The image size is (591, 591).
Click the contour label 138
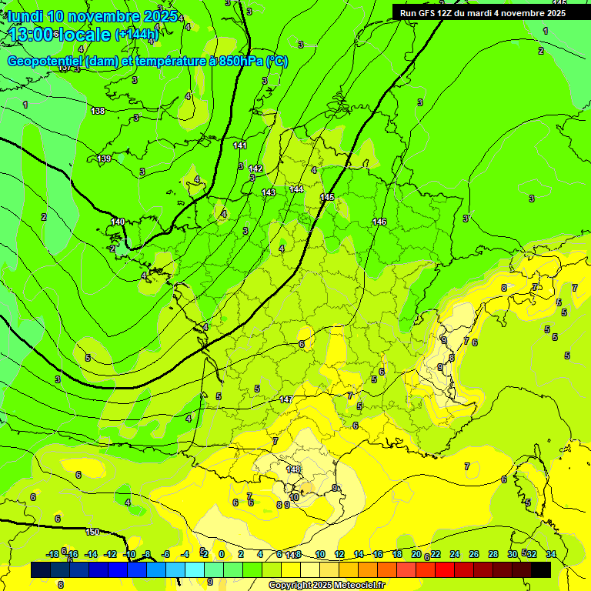pos(98,112)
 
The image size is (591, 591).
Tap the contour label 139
pos(104,159)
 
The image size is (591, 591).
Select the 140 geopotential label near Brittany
pos(117,222)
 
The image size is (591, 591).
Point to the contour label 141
pos(240,145)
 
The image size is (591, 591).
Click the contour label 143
pos(268,192)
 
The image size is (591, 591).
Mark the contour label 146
pos(379,222)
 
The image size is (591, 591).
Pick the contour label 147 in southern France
pos(286,399)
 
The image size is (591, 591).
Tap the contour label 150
pos(92,532)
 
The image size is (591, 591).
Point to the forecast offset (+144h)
pos(136,35)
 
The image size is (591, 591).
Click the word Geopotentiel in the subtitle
pos(44,62)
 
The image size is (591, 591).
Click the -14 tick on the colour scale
pos(91,554)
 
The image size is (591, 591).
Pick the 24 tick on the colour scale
pos(455,554)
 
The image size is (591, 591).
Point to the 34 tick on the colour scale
pos(550,554)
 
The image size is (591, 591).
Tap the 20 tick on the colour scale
pos(416,554)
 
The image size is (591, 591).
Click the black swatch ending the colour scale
pos(541,569)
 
